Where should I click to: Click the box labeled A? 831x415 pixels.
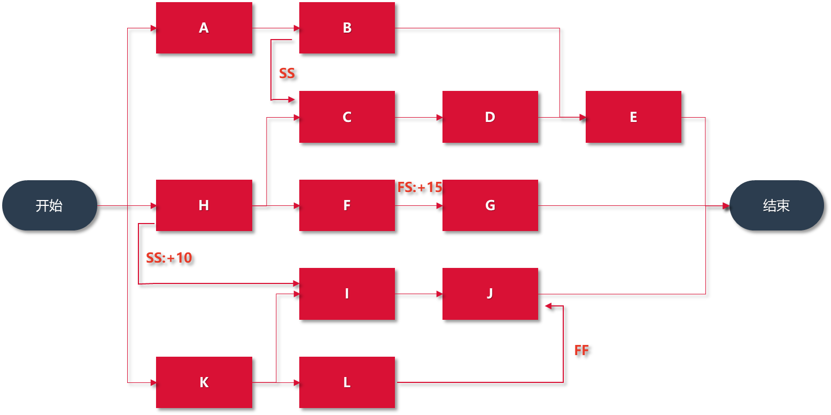[x=204, y=28]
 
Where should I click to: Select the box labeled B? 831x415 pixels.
[x=347, y=28]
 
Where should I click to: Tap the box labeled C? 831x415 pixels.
[x=347, y=117]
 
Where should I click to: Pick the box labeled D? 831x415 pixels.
[x=490, y=117]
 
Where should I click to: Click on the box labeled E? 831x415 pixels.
[x=633, y=117]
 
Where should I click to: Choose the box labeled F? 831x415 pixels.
[x=347, y=205]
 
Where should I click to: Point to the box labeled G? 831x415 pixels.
[x=490, y=205]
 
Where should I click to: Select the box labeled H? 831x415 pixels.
[x=204, y=205]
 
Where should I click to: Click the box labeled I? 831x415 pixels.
[x=347, y=294]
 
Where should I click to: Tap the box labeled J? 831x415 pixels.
[x=490, y=294]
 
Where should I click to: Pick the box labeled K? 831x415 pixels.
[x=204, y=382]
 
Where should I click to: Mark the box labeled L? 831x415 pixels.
[x=347, y=382]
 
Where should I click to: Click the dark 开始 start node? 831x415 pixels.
[x=50, y=205]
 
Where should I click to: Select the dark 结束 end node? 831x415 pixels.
[x=776, y=205]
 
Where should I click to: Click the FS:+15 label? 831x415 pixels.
[x=420, y=187]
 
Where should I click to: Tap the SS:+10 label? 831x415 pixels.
[x=169, y=258]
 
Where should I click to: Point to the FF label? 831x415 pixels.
[x=581, y=351]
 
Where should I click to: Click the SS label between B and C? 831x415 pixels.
[x=287, y=74]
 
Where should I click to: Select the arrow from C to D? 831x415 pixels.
[x=418, y=117]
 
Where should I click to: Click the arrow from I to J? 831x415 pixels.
[x=418, y=294]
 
